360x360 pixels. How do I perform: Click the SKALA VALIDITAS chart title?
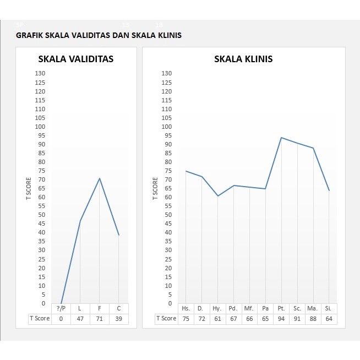75,59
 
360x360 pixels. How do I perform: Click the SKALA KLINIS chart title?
243,59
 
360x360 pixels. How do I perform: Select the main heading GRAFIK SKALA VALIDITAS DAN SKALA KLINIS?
99,35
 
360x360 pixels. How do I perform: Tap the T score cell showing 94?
281,318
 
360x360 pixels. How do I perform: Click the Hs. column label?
186,308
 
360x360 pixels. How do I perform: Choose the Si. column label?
329,308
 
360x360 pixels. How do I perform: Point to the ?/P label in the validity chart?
61,308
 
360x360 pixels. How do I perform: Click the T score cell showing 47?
80,319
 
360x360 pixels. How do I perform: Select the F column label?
100,308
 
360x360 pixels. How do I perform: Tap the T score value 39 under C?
119,319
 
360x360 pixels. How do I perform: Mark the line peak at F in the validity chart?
100,178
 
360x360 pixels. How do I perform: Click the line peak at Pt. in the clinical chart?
281,138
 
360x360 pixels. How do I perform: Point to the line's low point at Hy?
217,196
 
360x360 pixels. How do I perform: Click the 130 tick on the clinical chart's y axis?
167,73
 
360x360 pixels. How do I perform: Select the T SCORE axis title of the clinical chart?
155,189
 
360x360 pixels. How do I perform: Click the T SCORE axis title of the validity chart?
29,189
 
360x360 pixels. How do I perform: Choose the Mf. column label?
249,308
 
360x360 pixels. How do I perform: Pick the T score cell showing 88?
313,318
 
